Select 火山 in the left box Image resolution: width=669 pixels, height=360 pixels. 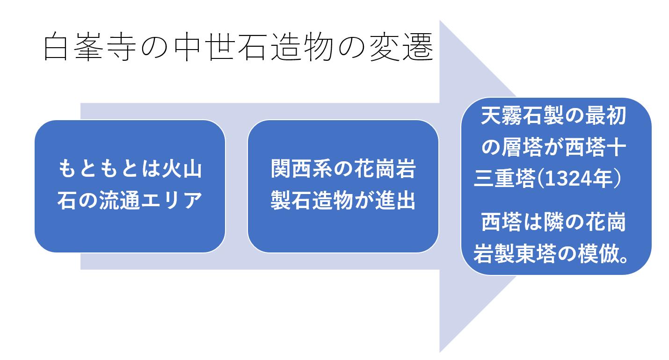tap(182, 169)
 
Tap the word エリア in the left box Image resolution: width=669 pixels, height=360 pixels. tap(171, 200)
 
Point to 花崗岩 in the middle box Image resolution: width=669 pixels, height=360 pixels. tap(385, 169)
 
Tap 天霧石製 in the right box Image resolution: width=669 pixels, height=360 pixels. tap(522, 115)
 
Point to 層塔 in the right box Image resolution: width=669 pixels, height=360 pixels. tap(522, 147)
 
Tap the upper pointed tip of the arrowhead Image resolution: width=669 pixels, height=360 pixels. tap(440, 21)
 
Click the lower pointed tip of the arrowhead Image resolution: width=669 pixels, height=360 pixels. tap(440, 353)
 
